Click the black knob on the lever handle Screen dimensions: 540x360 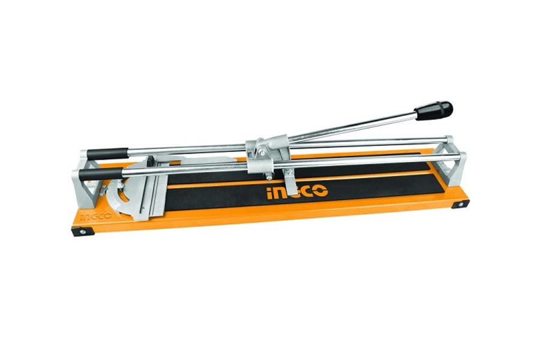[x=434, y=110]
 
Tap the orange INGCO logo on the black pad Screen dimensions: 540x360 [x=297, y=192]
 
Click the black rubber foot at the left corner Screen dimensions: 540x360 [x=83, y=232]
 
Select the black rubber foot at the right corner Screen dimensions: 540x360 [x=460, y=204]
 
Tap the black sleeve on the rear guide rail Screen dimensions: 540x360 [x=107, y=154]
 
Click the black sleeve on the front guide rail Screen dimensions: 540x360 [x=101, y=174]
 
